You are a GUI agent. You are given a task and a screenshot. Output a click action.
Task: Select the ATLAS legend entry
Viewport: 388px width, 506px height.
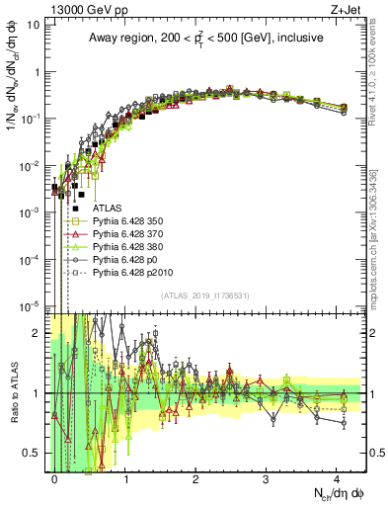[x=108, y=209]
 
